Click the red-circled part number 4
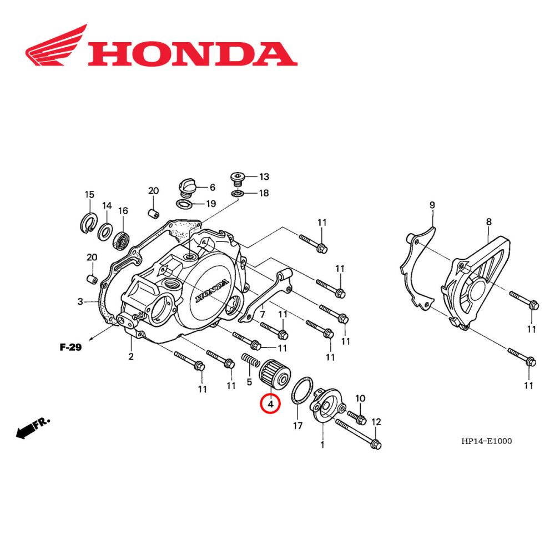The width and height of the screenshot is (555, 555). tap(271, 405)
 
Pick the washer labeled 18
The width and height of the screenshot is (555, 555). tap(238, 193)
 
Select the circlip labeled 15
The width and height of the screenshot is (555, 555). tap(88, 222)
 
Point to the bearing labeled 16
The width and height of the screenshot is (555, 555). tap(121, 239)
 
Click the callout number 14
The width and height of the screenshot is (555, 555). tap(106, 205)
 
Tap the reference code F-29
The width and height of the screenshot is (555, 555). tap(70, 348)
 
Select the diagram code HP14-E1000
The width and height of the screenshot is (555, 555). tap(486, 441)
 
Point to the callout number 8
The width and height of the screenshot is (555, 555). tap(488, 222)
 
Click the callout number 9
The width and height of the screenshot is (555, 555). tap(432, 205)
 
